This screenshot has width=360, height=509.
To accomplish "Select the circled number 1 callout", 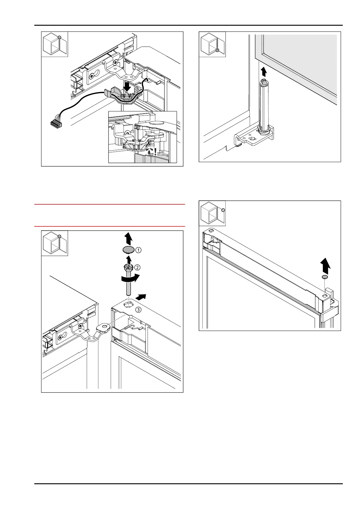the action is tap(138, 250).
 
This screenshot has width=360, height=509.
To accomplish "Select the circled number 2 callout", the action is tap(137, 267).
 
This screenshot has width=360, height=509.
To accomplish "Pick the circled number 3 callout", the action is tap(138, 310).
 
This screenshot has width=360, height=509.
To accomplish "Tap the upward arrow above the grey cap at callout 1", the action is tap(128, 238).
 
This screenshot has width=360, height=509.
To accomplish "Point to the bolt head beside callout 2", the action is tap(128, 267).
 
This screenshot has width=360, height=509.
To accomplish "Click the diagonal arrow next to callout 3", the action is tap(141, 297).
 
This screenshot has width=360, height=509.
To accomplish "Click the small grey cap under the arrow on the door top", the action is tap(325, 277).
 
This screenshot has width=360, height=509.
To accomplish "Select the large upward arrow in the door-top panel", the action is tap(325, 266).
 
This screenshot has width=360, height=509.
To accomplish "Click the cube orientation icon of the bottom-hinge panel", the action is tap(212, 44).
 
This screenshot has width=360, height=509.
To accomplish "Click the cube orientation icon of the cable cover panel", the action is tap(54, 44).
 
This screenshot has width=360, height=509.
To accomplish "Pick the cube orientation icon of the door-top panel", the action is tap(212, 213).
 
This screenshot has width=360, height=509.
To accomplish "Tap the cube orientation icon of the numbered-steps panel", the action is tap(54, 243).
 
